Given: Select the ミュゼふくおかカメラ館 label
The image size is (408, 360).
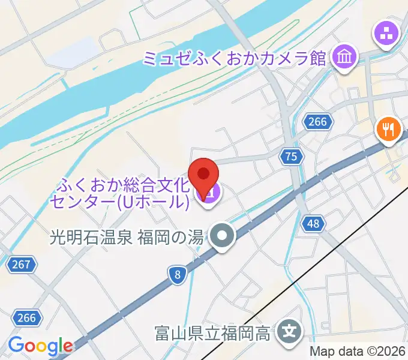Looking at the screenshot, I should coord(234,58).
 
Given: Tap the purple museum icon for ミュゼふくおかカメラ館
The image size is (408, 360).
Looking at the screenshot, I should coord(345,58).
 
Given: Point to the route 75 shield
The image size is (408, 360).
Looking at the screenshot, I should coord(291,157).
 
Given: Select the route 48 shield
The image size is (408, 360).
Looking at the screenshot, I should coord(313,224).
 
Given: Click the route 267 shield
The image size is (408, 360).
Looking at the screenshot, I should coord(23,263).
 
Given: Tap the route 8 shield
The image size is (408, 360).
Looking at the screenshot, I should coord(177,275).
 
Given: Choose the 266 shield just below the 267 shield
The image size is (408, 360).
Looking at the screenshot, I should coord(26,317).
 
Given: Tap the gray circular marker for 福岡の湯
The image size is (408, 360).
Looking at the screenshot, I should coord(222,236).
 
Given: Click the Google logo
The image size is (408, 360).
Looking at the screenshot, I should coord(40,346).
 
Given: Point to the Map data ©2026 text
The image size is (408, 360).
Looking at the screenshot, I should coord(358,352).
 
